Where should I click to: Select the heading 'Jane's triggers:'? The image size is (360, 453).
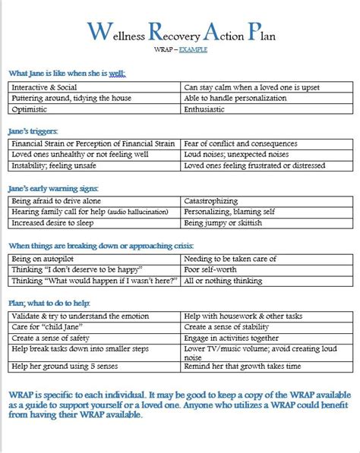coord(33,131)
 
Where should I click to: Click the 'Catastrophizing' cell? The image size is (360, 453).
coord(215,201)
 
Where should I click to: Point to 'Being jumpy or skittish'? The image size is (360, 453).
coord(226,223)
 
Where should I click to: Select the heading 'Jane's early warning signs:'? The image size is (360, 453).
coord(53,187)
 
